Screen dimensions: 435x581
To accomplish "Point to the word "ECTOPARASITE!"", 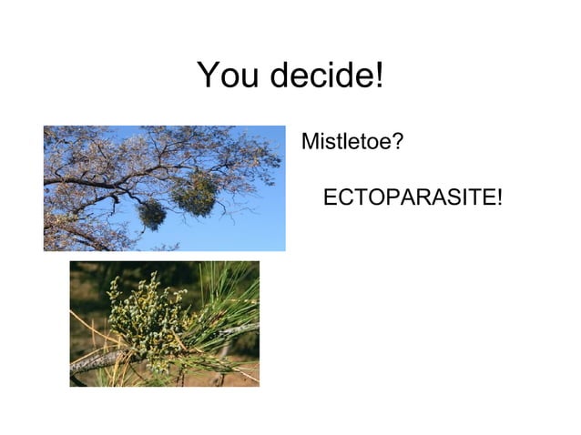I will (x=413, y=197).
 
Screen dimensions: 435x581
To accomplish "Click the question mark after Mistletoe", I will (x=399, y=143).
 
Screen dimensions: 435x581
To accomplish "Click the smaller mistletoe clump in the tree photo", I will (x=152, y=215).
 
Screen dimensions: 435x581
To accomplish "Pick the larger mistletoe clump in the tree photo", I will (x=196, y=194).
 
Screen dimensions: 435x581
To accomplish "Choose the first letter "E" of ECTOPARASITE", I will (x=331, y=197).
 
